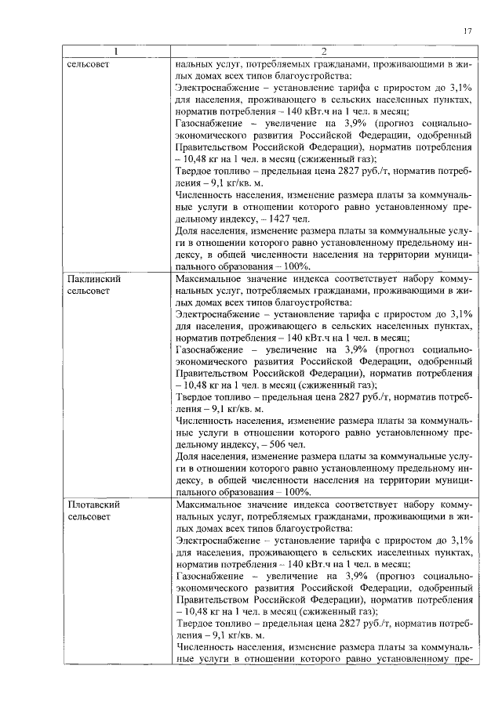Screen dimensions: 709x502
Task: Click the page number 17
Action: point(467,31)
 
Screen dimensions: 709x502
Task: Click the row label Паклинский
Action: point(93,278)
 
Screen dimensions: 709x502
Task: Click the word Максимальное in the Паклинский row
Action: point(208,278)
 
